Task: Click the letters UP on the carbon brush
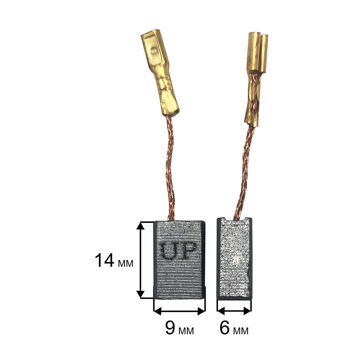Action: click(178, 251)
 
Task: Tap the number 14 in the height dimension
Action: click(104, 260)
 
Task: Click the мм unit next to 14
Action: click(126, 264)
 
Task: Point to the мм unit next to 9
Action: click(186, 331)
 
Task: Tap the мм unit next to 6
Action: click(241, 331)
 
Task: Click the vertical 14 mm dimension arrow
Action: click(140, 260)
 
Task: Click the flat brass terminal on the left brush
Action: click(160, 72)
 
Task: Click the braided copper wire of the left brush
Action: click(169, 167)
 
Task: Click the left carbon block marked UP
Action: click(179, 260)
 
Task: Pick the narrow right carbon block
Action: click(234, 258)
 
